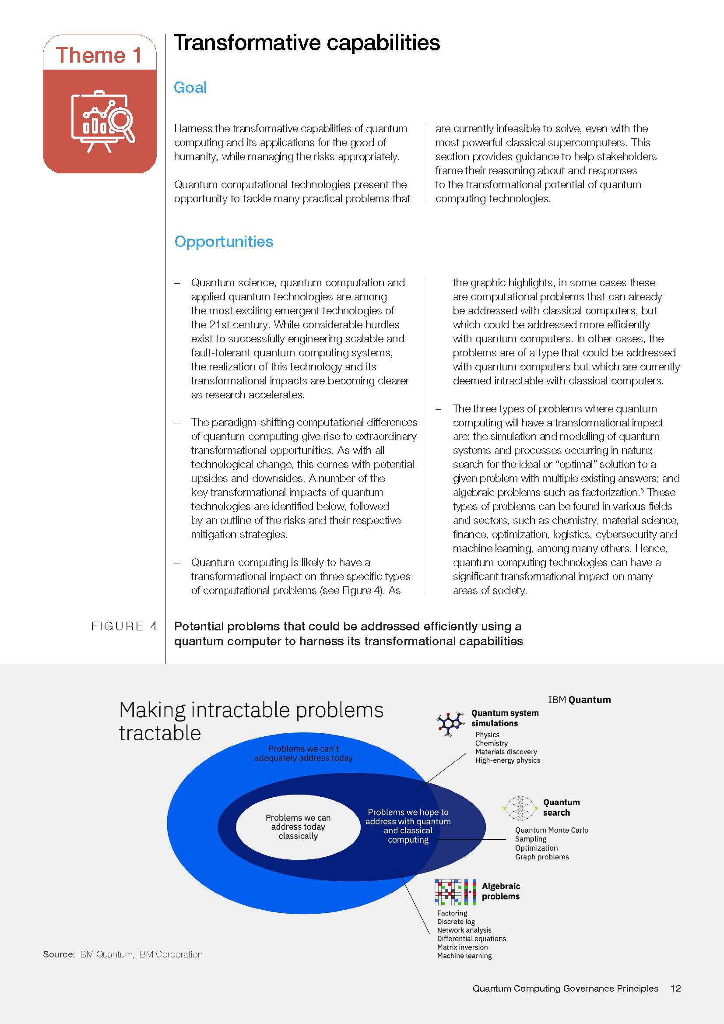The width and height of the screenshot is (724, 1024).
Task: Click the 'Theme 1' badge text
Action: [99, 55]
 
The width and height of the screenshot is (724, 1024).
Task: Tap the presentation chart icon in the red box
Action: [102, 121]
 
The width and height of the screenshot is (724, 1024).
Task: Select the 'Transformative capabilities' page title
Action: [307, 43]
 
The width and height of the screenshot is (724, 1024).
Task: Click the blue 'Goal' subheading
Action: [190, 88]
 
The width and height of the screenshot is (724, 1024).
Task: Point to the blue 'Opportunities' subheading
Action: [224, 242]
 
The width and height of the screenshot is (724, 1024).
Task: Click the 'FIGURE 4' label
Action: [124, 626]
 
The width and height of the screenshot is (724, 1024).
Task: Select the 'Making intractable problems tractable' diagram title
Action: [251, 721]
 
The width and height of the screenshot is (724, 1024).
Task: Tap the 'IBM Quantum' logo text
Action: [579, 700]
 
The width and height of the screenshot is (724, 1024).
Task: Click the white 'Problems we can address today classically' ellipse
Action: [298, 827]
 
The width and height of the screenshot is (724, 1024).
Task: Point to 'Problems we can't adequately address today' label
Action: [304, 753]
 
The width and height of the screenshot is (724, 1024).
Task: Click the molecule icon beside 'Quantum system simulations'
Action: [450, 723]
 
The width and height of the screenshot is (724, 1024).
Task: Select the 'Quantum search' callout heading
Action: [561, 807]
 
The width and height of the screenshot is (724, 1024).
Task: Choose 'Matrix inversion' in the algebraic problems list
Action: [462, 947]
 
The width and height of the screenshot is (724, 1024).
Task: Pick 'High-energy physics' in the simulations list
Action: [507, 760]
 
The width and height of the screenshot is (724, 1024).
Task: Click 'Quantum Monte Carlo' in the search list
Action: [552, 830]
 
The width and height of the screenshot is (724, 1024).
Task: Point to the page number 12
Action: [675, 989]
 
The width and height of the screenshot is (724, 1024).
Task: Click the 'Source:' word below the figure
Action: [59, 954]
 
